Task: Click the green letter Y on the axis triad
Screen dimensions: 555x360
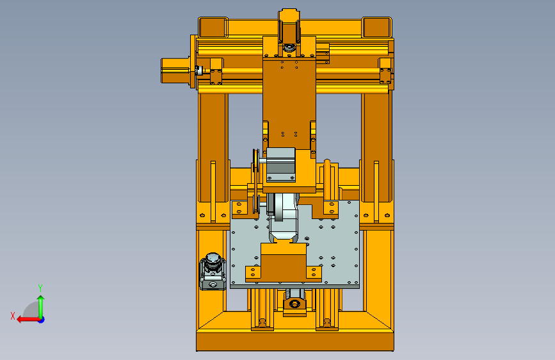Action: point(40,288)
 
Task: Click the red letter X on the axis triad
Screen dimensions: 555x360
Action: point(13,316)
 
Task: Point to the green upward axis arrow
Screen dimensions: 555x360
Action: point(41,307)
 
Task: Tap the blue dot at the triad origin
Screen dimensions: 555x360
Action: point(42,320)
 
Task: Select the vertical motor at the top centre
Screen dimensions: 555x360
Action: point(289,30)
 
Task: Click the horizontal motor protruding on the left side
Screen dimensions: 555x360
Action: point(176,71)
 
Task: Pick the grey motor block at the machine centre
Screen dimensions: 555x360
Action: point(280,165)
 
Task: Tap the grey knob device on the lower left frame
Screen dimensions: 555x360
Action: point(213,272)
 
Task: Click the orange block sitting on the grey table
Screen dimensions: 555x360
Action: point(284,263)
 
